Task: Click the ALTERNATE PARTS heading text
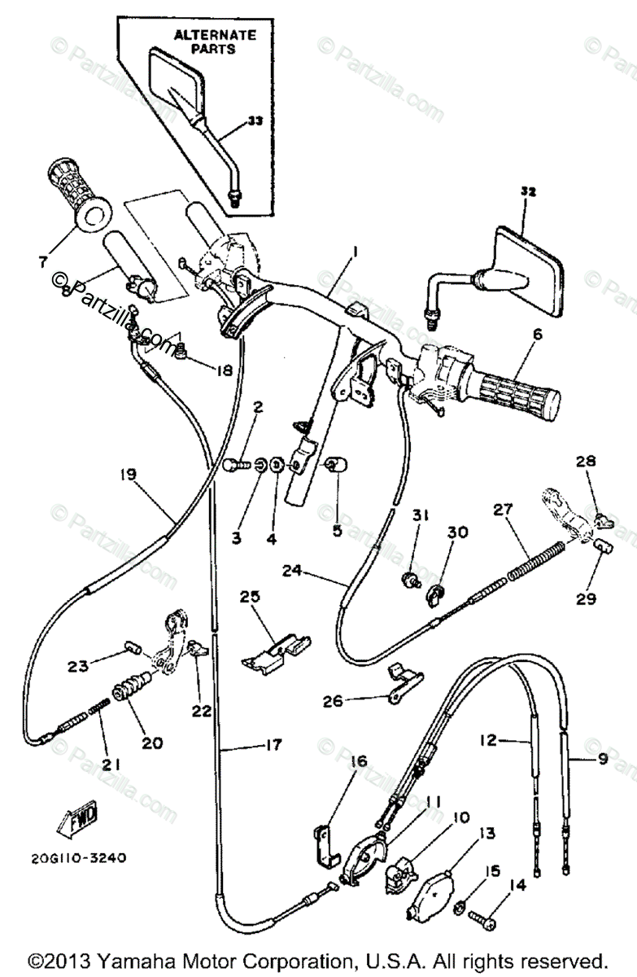(x=215, y=42)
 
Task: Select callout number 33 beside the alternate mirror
(x=255, y=120)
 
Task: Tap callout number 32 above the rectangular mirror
(x=528, y=192)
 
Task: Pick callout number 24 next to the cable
(x=292, y=571)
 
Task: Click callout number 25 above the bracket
(x=250, y=597)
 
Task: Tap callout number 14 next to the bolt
(x=517, y=885)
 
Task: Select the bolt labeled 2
(x=234, y=465)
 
